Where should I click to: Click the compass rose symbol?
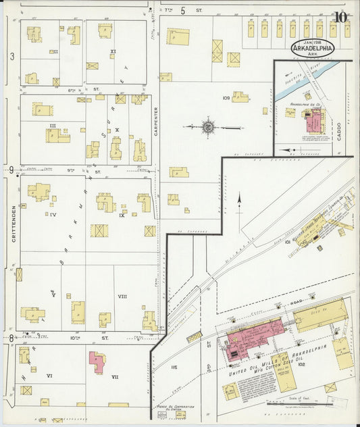(x=209, y=126)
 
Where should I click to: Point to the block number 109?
(x=226, y=98)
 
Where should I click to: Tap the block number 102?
(x=301, y=364)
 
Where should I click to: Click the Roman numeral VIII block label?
(x=122, y=296)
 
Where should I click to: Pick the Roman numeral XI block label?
(x=113, y=51)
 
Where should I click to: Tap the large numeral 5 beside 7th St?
(x=182, y=10)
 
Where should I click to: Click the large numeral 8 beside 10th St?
(x=11, y=337)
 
